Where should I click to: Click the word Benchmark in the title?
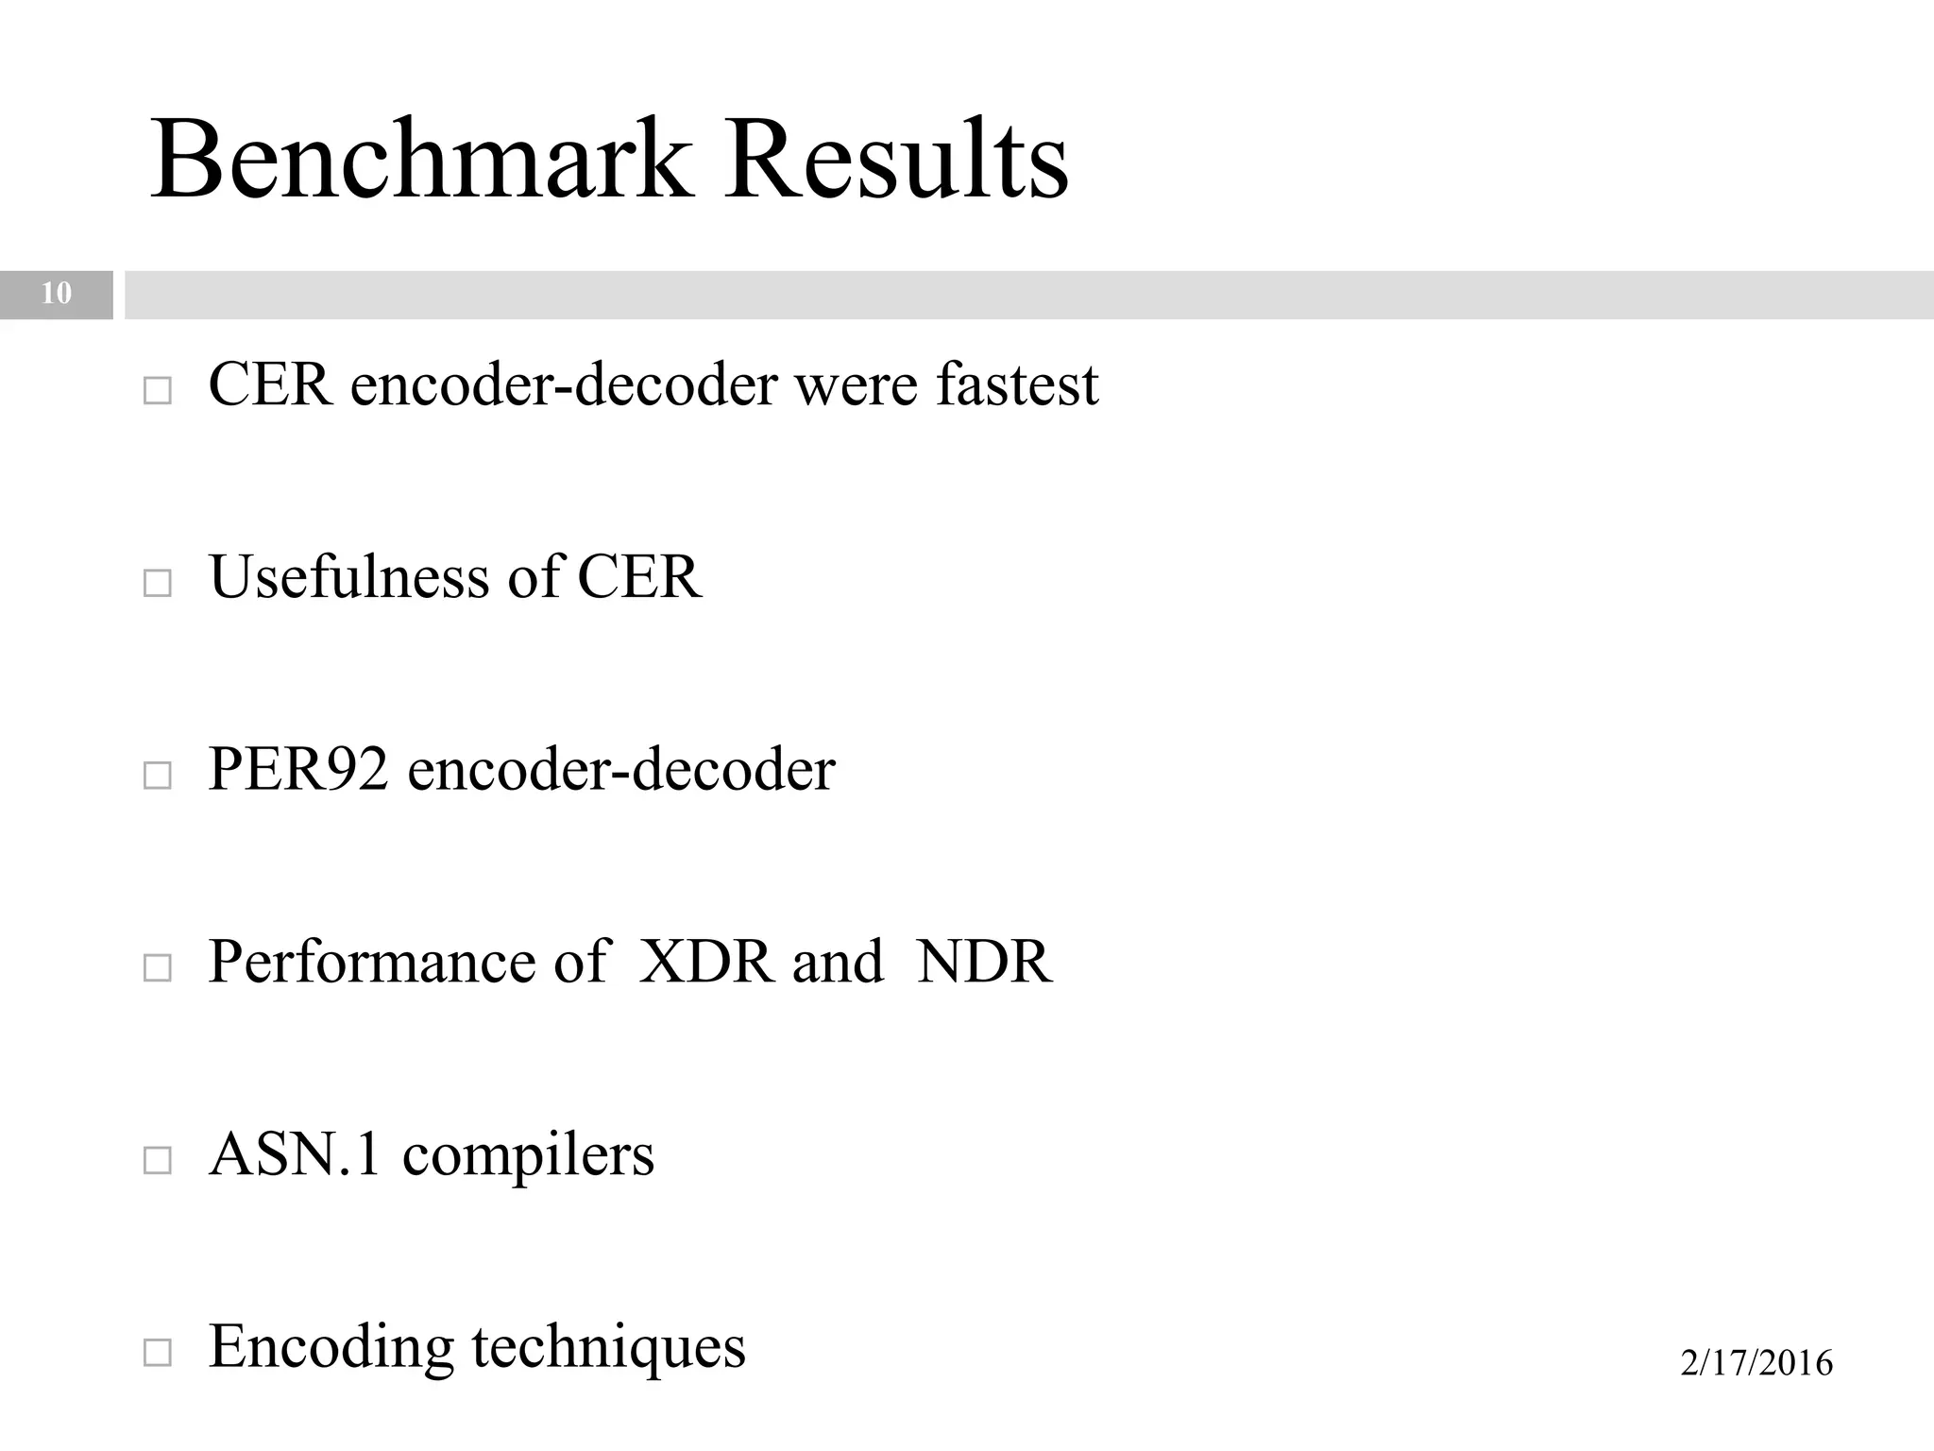pyautogui.click(x=421, y=159)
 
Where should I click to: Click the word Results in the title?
pyautogui.click(x=895, y=159)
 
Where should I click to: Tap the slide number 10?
pyautogui.click(x=57, y=294)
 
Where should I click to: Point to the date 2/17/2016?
pyautogui.click(x=1756, y=1363)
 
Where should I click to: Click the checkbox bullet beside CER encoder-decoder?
pyautogui.click(x=158, y=391)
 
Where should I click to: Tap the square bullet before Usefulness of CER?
pyautogui.click(x=158, y=583)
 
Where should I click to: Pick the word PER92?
pyautogui.click(x=297, y=769)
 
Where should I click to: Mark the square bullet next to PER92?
pyautogui.click(x=158, y=776)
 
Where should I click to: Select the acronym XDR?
pyautogui.click(x=704, y=962)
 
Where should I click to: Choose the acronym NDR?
pyautogui.click(x=984, y=962)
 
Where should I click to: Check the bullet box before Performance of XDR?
pyautogui.click(x=158, y=967)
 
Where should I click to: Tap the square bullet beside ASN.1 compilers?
pyautogui.click(x=158, y=1160)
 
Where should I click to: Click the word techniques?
pyautogui.click(x=608, y=1348)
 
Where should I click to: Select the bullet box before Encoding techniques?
pyautogui.click(x=158, y=1353)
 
